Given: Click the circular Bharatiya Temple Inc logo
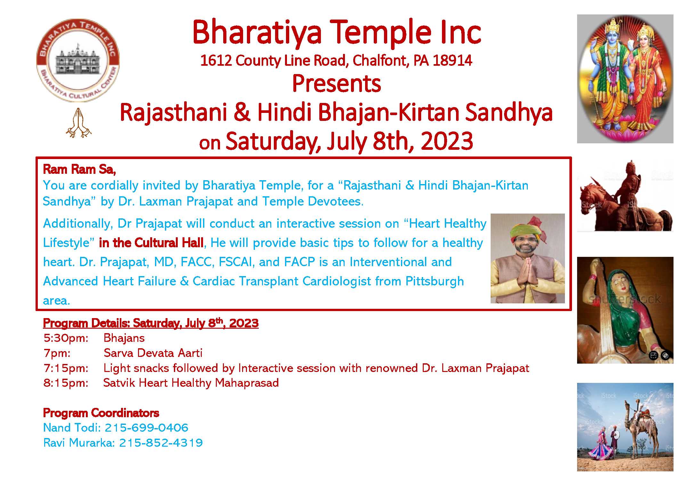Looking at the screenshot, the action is coord(78,60).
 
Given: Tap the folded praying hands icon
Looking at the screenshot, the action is coord(78,123).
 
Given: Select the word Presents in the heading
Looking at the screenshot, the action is coord(337,84).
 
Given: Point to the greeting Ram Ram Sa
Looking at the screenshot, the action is coord(79,169).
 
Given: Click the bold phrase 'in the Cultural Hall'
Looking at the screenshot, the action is coord(151,243).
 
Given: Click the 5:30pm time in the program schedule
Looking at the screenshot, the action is coord(66,338).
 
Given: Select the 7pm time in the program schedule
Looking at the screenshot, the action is coord(57,353).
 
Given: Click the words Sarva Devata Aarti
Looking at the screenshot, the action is coord(153,353).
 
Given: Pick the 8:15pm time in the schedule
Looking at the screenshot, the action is coord(66,383).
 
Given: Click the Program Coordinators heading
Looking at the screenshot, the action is coord(101,413).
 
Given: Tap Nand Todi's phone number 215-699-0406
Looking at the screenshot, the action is coord(146,428).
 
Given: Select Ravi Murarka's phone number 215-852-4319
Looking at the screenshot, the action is coord(161,443).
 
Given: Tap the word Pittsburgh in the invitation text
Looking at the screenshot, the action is coord(435,281).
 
